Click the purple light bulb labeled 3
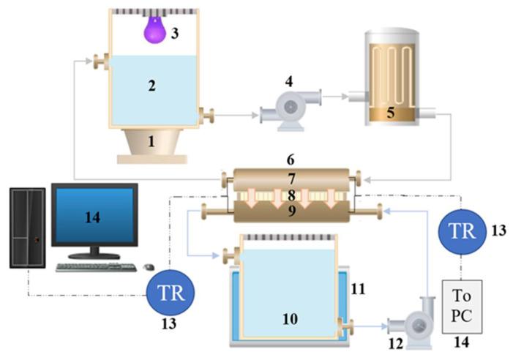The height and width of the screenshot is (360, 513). click(154, 31)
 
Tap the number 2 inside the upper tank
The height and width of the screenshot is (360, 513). click(151, 86)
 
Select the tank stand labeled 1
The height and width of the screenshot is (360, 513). click(152, 143)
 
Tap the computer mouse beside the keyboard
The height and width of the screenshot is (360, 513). click(149, 266)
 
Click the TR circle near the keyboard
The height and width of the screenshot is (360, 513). click(171, 292)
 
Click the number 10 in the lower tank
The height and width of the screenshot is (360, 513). click(291, 318)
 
